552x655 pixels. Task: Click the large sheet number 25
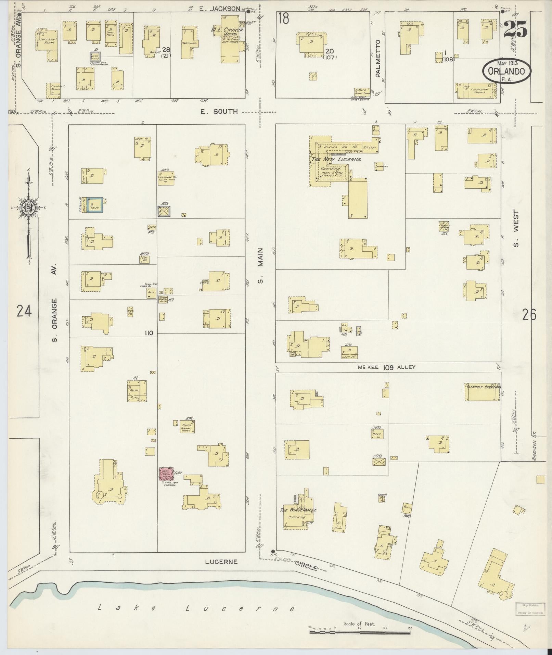point(515,29)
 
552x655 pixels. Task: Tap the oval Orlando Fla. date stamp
point(507,71)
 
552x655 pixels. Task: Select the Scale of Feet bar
point(359,632)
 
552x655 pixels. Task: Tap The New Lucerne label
point(336,159)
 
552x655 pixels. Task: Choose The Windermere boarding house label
point(298,519)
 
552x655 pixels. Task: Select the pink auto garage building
point(166,474)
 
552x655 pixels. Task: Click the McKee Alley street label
point(387,367)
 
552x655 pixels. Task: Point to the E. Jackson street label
point(220,9)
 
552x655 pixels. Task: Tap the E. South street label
point(219,112)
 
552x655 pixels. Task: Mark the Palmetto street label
point(378,58)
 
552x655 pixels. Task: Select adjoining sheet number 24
point(24,312)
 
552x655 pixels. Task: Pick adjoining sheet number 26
point(529,314)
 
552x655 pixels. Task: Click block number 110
point(149,333)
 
